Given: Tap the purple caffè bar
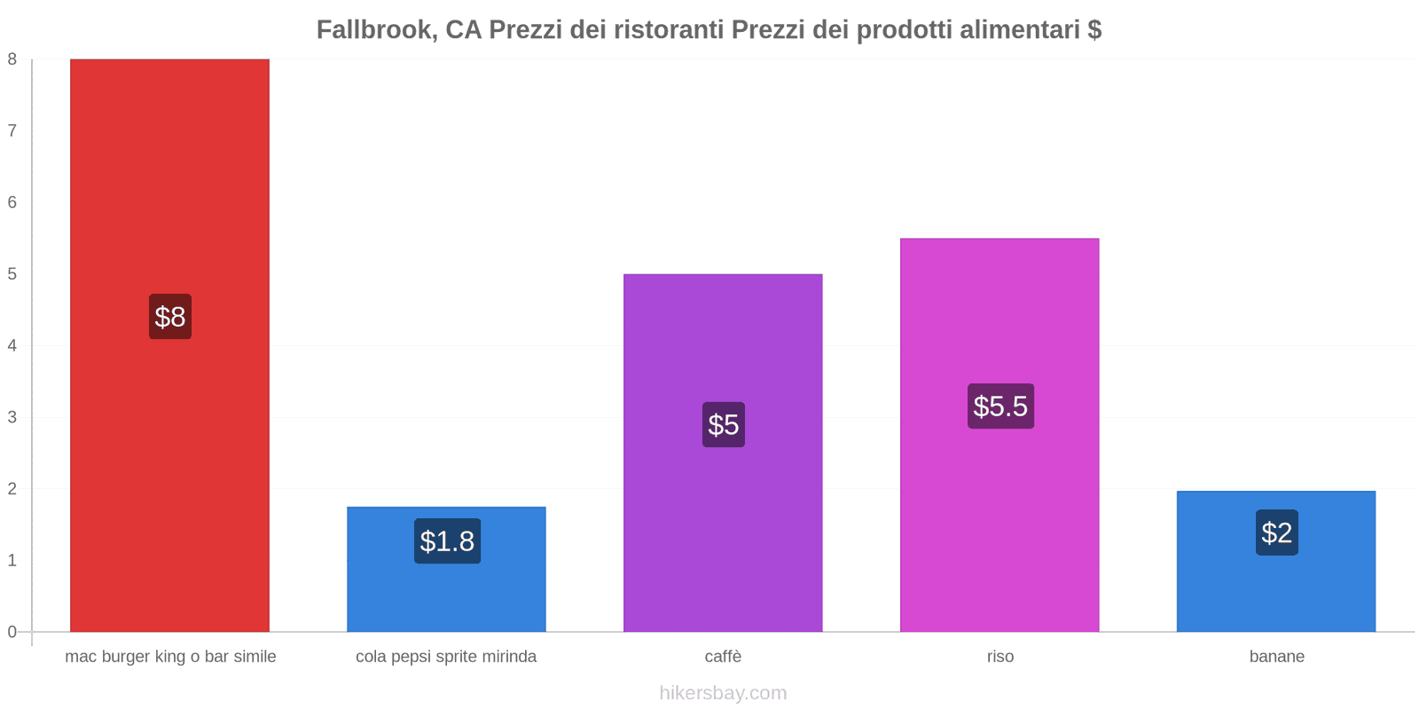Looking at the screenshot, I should tap(723, 346).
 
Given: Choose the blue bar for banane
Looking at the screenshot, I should tap(1276, 590).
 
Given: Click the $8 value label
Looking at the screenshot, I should tap(170, 317).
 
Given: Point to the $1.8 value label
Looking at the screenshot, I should tap(447, 541).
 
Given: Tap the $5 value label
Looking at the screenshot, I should tap(724, 424).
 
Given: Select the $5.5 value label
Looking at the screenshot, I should tap(1000, 406).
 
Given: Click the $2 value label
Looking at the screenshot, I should tap(1277, 532).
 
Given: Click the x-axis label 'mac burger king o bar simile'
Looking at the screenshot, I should tap(170, 657).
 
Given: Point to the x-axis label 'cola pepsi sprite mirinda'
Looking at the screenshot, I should tap(446, 657).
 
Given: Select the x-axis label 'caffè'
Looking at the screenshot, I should tap(723, 657).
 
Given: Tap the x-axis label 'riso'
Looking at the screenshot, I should tap(1000, 657).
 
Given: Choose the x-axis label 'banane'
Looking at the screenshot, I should tap(1277, 657).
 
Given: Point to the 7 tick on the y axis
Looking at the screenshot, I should tap(12, 131).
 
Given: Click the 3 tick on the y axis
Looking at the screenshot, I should tap(12, 417).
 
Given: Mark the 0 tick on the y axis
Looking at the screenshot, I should tap(12, 632).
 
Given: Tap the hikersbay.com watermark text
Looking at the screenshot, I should tap(723, 693).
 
